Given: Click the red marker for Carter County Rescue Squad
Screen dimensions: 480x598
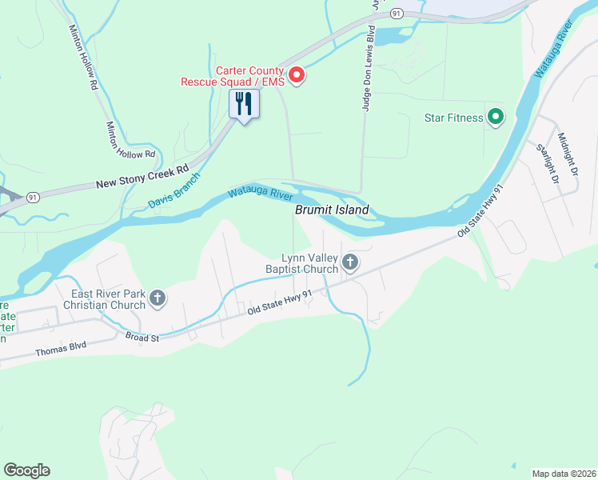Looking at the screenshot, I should coord(297,75).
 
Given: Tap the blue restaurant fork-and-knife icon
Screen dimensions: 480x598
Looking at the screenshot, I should coord(245,104).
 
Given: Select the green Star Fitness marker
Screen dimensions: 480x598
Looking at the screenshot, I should coord(496,118).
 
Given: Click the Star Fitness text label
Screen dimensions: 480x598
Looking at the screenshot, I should coord(453,118).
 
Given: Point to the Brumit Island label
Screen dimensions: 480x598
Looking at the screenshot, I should coord(332,210).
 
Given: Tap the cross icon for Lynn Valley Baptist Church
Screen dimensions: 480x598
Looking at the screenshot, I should coord(350,262).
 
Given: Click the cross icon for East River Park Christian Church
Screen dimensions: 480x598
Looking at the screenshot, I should coord(157,299).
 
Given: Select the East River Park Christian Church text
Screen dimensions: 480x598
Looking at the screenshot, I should coord(109,299).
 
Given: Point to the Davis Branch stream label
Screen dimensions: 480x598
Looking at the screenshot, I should coord(173,193).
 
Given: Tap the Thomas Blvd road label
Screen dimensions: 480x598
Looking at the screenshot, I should coord(61,350).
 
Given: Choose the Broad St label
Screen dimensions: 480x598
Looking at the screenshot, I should coord(142,338).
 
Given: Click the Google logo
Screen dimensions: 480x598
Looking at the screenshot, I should coord(26,470).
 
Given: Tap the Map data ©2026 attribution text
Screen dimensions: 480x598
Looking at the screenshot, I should coord(564,473).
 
